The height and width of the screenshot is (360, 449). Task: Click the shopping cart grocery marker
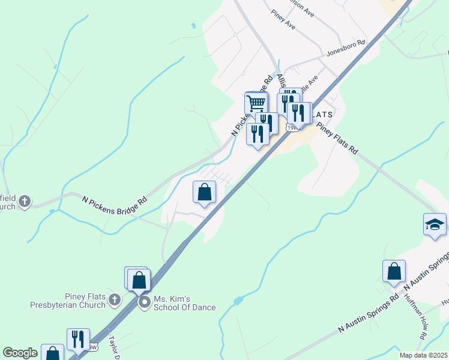tap(256, 103)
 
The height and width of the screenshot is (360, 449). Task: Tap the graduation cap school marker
tap(435, 225)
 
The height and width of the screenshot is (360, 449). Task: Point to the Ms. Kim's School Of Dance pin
tap(144, 302)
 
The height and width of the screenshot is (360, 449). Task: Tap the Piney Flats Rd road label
tap(337, 139)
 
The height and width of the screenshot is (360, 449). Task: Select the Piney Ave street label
tap(283, 19)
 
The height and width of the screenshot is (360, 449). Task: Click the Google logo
tap(19, 353)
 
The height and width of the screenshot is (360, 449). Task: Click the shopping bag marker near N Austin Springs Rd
tap(394, 271)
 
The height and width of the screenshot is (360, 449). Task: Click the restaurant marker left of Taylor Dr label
tap(78, 340)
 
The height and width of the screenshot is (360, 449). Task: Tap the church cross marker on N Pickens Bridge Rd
tap(25, 201)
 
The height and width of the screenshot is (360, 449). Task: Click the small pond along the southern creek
tap(239, 299)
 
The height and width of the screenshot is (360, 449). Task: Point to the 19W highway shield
tap(292, 128)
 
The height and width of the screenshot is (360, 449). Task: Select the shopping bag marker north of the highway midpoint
tap(205, 192)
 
